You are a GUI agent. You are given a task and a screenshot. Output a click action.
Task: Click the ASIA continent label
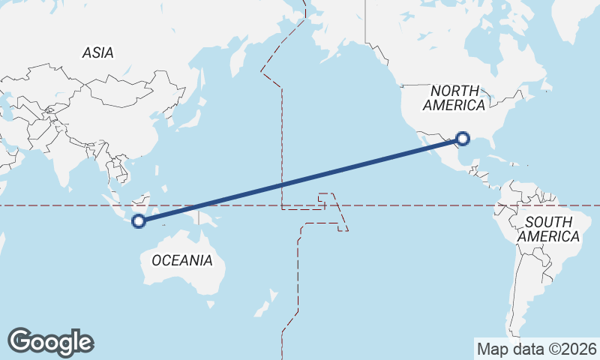pyautogui.click(x=98, y=52)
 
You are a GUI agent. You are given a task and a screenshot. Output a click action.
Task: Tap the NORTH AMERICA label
pyautogui.click(x=453, y=97)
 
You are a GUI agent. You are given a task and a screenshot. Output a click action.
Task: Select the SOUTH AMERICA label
pyautogui.click(x=549, y=229)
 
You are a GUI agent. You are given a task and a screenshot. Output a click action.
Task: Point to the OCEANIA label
pyautogui.click(x=181, y=260)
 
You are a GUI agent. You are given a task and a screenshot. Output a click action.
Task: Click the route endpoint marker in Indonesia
pyautogui.click(x=138, y=220)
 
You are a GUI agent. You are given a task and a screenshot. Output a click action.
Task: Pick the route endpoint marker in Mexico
pyautogui.click(x=463, y=139)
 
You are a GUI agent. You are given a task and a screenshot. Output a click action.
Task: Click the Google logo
pyautogui.click(x=51, y=341)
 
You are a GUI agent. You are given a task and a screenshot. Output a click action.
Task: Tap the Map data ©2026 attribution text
pyautogui.click(x=536, y=349)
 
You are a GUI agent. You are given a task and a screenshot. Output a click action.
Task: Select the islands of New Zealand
pyautogui.click(x=262, y=307)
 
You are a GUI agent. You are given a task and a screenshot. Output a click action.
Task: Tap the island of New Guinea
pyautogui.click(x=210, y=218)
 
